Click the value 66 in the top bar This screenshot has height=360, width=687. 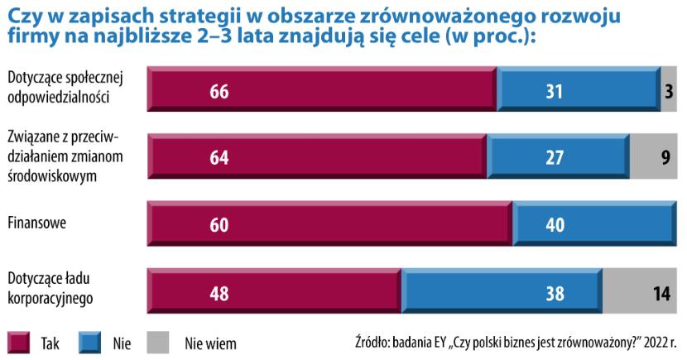[x=219, y=91]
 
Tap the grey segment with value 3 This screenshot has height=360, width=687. [x=669, y=91]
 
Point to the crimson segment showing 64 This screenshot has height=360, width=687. [x=219, y=158]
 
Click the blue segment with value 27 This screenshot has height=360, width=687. [x=557, y=158]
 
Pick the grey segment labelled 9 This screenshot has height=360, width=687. [x=654, y=158]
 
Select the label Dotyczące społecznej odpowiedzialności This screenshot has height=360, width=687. [x=65, y=86]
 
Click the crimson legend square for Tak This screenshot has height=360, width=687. [x=19, y=342]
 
